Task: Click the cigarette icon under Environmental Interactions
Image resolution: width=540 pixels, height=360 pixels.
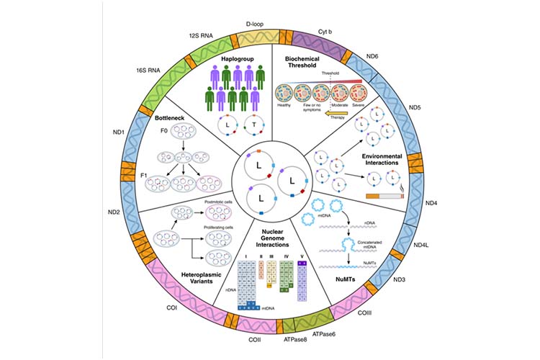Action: pyautogui.click(x=386, y=195)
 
